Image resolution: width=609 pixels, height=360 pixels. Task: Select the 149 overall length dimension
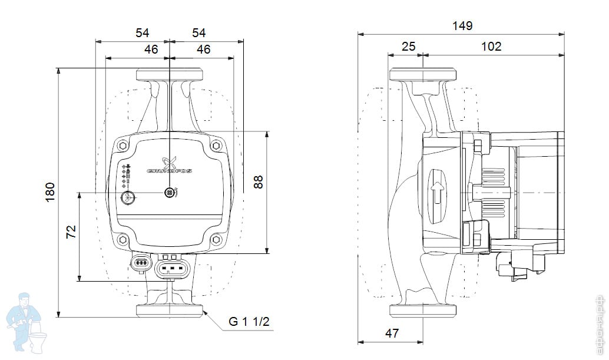pyautogui.click(x=462, y=25)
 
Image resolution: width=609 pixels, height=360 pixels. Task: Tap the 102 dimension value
pyautogui.click(x=491, y=46)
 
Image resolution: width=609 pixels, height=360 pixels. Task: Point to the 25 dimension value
pyautogui.click(x=408, y=46)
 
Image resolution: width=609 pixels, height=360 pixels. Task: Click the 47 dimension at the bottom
pyautogui.click(x=392, y=333)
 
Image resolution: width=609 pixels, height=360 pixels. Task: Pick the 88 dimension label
pyautogui.click(x=258, y=182)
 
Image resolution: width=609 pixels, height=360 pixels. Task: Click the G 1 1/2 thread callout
pyautogui.click(x=249, y=322)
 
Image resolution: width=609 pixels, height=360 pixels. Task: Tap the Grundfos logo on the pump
pyautogui.click(x=170, y=164)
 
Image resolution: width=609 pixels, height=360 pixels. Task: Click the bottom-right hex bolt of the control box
pyautogui.click(x=216, y=239)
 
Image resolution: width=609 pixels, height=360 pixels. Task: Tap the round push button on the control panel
pyautogui.click(x=128, y=197)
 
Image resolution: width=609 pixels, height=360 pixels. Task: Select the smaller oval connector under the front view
pyautogui.click(x=141, y=263)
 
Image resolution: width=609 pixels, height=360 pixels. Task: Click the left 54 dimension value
pyautogui.click(x=142, y=33)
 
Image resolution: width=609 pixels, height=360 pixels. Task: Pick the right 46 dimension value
pyautogui.click(x=203, y=49)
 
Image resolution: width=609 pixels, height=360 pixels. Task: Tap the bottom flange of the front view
pyautogui.click(x=170, y=310)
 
